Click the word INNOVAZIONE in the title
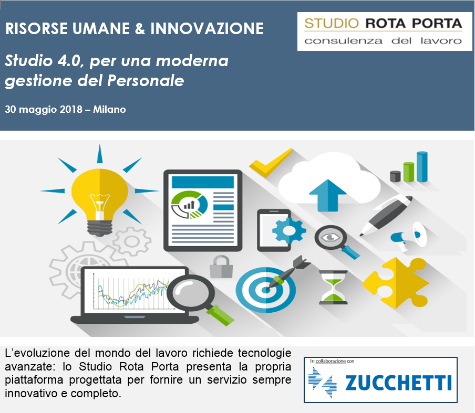(207, 29)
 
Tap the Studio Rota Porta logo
(385, 31)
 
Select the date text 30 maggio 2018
(44, 110)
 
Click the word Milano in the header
(109, 109)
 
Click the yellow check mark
(271, 163)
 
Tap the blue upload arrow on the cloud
(327, 195)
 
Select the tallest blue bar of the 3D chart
(422, 167)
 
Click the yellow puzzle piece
(396, 283)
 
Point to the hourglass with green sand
(333, 287)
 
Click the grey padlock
(221, 267)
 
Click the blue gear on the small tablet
(288, 231)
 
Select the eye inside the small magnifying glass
(330, 238)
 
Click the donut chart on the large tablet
(190, 205)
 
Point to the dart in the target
(287, 272)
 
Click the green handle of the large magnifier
(221, 315)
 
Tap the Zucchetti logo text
(398, 383)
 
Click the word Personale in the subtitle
(146, 81)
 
